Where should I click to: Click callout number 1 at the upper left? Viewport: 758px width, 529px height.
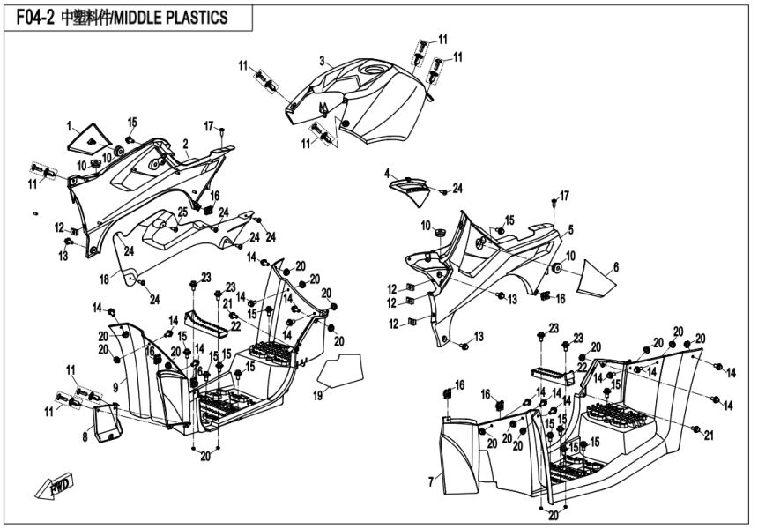click(69, 127)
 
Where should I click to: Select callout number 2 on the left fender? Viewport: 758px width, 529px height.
click(186, 143)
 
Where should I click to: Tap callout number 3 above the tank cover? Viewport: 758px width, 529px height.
click(323, 61)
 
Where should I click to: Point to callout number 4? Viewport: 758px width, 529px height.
click(386, 175)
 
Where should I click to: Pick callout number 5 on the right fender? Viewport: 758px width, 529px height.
click(570, 230)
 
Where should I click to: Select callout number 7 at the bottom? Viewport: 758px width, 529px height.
click(430, 481)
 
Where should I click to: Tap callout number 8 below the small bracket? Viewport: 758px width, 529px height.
click(85, 437)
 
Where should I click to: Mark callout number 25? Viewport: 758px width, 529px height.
click(182, 212)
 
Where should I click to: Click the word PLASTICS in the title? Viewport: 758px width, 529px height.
click(192, 17)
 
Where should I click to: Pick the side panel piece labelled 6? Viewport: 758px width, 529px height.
click(598, 279)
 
